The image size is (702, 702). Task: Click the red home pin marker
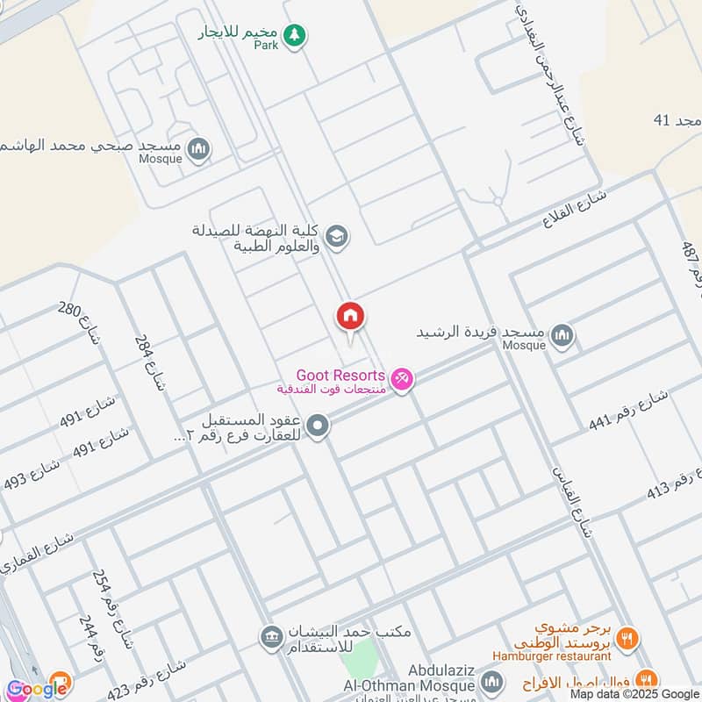point(350,316)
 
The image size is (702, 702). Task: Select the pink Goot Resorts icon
point(402,378)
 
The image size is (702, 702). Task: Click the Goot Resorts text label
point(340,375)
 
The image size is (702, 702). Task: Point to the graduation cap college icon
point(335,236)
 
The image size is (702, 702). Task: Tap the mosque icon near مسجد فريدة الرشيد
point(562,334)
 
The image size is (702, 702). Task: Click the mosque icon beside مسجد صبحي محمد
point(200,148)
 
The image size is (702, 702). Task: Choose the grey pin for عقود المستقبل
point(319,427)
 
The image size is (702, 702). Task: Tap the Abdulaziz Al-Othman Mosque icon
point(491,683)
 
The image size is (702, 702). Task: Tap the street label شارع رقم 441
point(628,408)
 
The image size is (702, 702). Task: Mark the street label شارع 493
point(31,474)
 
